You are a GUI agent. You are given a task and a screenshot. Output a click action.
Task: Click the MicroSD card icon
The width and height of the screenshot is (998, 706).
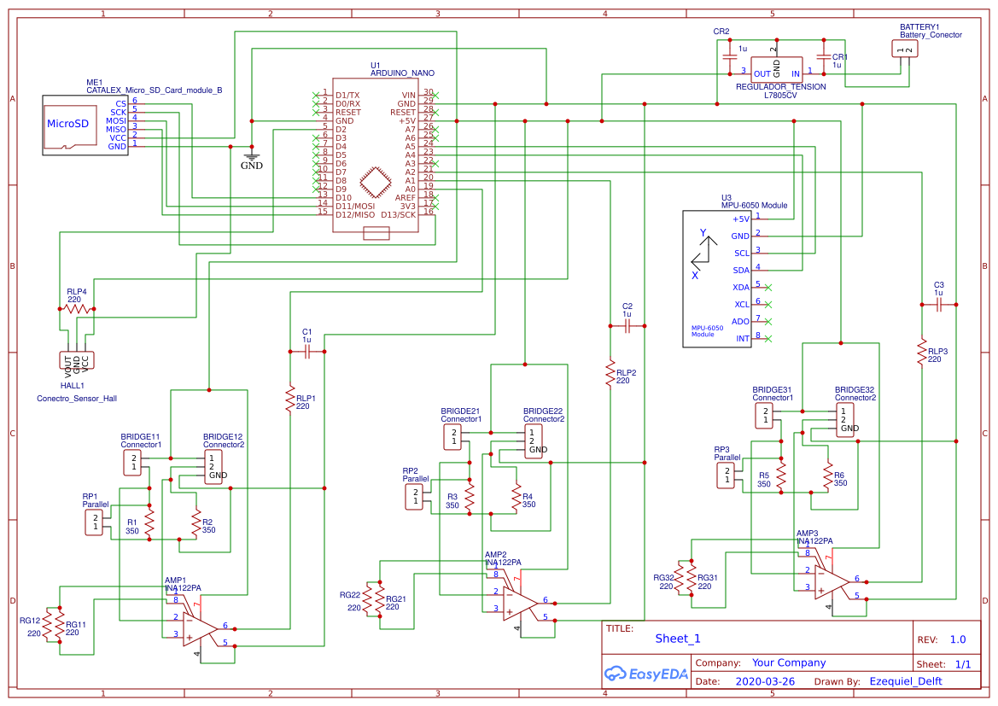67,124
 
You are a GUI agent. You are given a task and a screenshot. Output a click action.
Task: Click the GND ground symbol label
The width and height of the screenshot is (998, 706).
251,166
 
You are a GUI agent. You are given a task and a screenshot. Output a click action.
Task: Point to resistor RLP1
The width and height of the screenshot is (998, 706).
290,399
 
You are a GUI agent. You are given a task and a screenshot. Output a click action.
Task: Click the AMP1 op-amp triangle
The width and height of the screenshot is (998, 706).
199,629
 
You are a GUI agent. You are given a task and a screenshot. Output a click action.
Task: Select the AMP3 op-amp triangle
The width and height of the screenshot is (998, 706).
830,581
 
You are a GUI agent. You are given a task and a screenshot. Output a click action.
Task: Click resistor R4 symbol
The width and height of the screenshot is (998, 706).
516,497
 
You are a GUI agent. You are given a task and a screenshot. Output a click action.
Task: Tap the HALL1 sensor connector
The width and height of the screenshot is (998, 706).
77,360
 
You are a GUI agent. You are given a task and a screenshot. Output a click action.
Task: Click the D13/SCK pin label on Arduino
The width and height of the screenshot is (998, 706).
400,214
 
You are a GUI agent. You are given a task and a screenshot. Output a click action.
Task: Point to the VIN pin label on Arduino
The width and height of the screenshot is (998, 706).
409,95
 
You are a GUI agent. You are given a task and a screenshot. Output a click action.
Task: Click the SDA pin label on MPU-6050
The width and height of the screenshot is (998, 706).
741,270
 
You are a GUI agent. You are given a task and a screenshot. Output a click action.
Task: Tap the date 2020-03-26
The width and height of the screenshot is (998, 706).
765,682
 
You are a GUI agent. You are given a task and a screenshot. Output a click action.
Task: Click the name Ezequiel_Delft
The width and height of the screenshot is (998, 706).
906,682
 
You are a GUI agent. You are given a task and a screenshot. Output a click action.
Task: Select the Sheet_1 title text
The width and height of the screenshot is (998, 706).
678,639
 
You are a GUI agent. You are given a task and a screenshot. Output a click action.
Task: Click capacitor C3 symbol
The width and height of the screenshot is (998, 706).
939,303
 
